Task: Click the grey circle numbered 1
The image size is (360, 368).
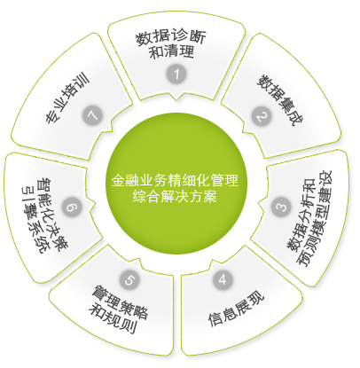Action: (x=176, y=74)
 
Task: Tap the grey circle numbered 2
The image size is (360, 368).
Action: (x=262, y=116)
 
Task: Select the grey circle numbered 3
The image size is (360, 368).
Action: (x=281, y=207)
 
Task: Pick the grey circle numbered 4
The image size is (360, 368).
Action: (x=223, y=279)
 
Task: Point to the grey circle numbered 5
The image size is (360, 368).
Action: (x=129, y=279)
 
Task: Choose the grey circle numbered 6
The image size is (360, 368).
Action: (x=72, y=207)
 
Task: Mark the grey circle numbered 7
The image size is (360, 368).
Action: (x=92, y=115)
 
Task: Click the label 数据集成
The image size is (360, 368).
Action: (x=279, y=100)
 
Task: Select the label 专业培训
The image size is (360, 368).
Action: (x=68, y=97)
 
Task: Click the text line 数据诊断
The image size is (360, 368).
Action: (x=170, y=38)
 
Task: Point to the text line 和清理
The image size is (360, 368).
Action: (x=171, y=51)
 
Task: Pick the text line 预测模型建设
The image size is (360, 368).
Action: (x=317, y=219)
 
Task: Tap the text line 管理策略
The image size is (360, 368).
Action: (x=120, y=301)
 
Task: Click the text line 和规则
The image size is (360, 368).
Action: (x=113, y=319)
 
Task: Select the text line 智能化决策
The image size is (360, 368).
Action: (x=52, y=215)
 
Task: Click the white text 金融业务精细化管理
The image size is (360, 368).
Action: (x=175, y=180)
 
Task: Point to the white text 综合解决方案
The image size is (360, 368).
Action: (x=175, y=196)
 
